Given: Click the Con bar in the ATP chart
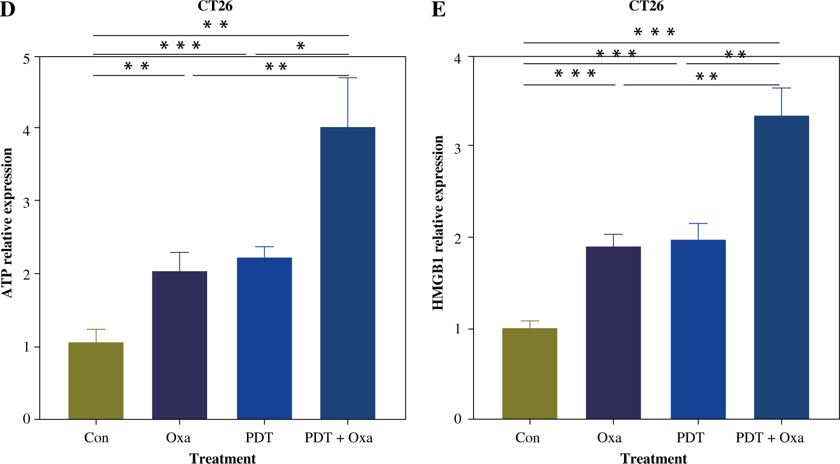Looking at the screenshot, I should click(96, 381).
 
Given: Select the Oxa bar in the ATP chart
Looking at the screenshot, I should click(180, 345).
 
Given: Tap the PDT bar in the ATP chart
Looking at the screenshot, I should click(264, 338).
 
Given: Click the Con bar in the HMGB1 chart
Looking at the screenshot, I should click(530, 374).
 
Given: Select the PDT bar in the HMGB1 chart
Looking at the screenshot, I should click(698, 329).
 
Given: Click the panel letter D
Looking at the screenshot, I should click(7, 9).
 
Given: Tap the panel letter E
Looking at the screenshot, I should click(438, 9).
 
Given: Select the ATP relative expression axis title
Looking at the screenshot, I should click(7, 222).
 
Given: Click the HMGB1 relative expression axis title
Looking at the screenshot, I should click(438, 222).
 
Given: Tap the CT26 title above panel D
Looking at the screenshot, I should click(215, 6).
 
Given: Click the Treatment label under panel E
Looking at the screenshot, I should click(654, 458).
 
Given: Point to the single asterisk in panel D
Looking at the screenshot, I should click(301, 46).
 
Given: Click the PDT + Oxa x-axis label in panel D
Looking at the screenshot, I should click(339, 438).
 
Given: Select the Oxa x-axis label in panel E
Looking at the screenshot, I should click(609, 438).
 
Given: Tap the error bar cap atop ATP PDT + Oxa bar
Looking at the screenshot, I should click(348, 78).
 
